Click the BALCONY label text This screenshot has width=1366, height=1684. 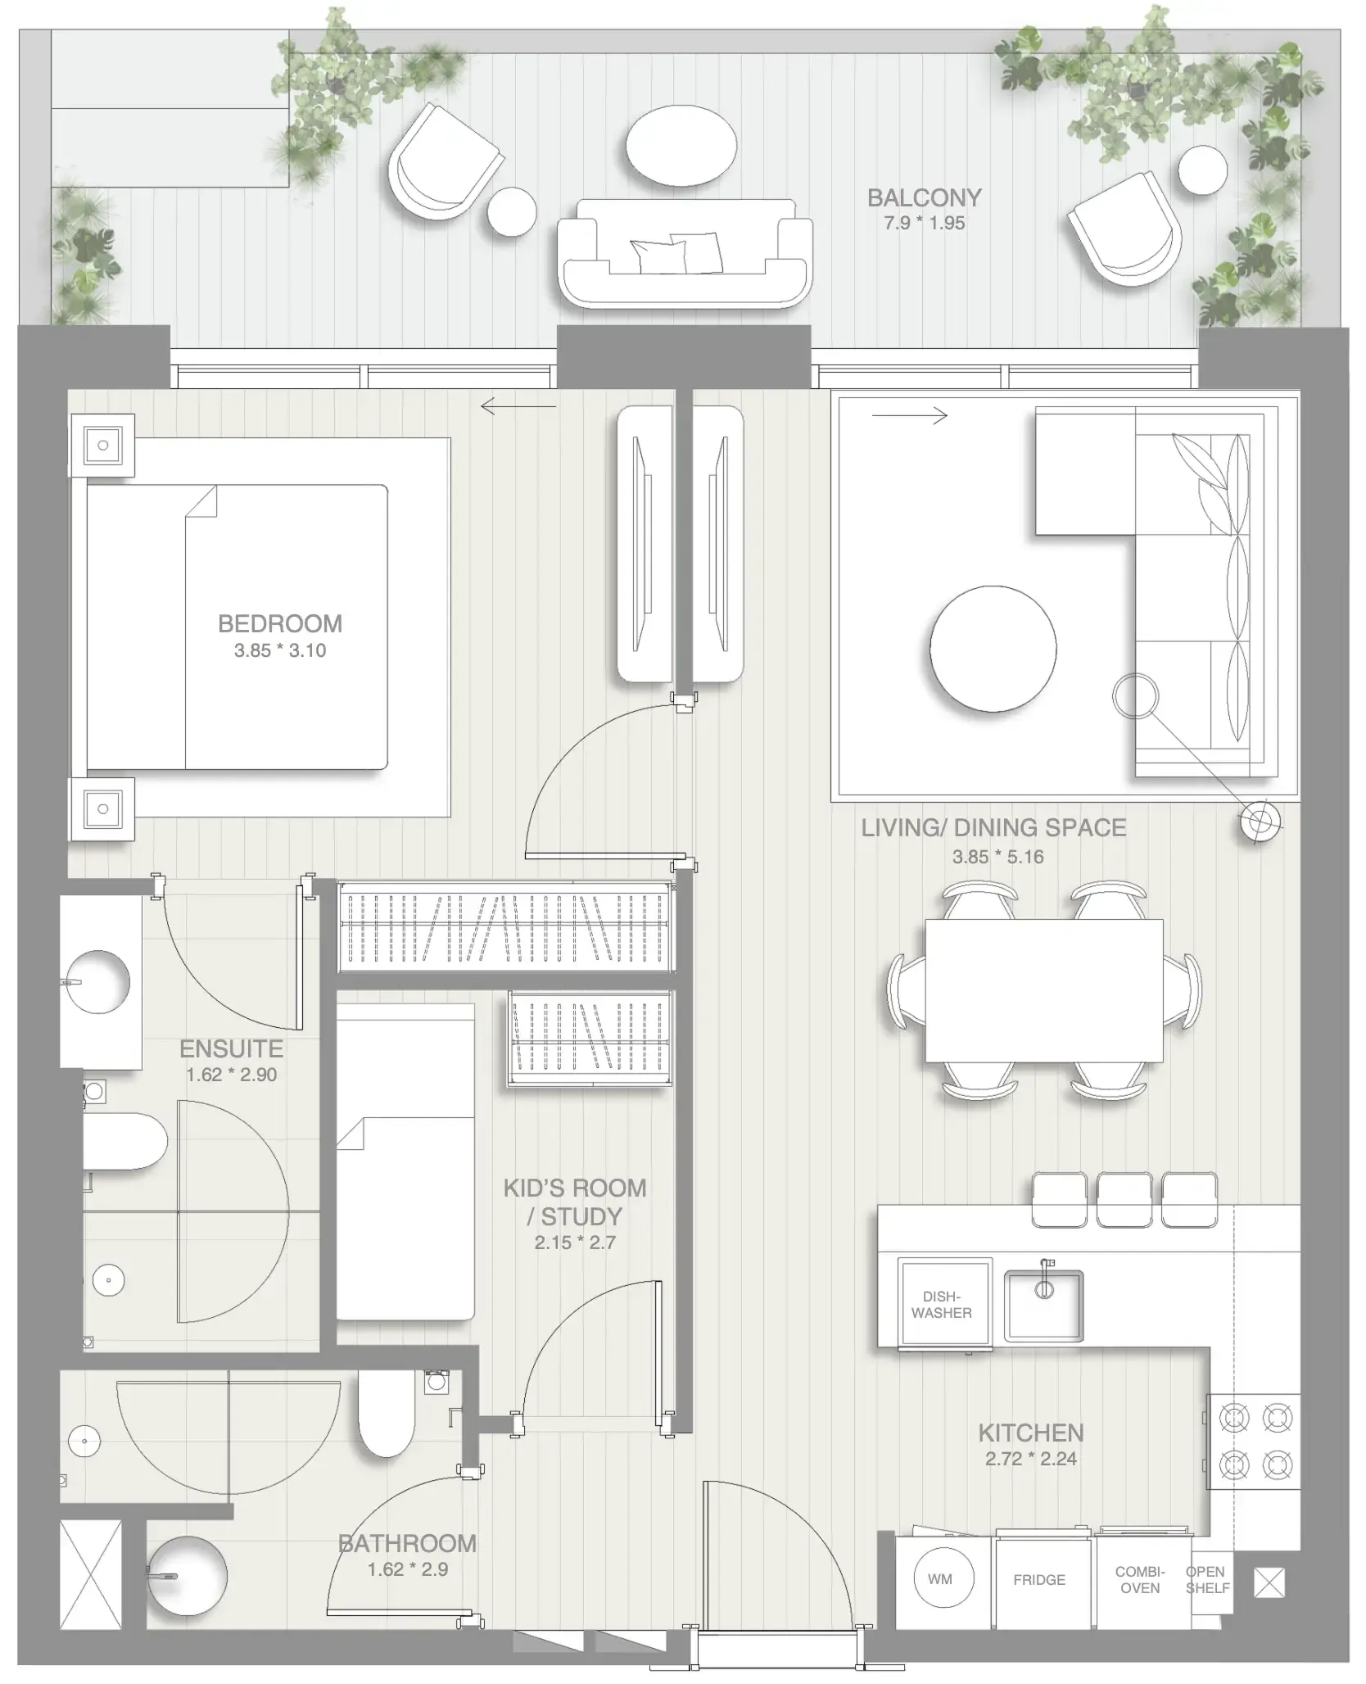pos(924,198)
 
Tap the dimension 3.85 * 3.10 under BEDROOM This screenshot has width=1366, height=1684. pos(280,650)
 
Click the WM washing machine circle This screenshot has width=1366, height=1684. pos(940,1578)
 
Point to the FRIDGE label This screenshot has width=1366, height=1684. pos(1039,1579)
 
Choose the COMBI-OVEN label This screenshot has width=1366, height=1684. pos(1140,1579)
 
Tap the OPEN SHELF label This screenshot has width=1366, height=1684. pos(1207,1579)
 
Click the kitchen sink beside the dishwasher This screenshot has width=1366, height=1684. pos(1044,1305)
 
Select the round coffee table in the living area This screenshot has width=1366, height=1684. pos(993,649)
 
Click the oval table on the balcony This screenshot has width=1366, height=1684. pos(681,146)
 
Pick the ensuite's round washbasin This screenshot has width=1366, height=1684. pos(97,981)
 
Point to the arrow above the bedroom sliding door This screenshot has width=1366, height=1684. pos(518,405)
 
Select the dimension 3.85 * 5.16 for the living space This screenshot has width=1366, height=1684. pos(997,857)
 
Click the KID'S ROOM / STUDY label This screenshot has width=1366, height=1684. pos(575,1202)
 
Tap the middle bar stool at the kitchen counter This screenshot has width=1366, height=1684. pos(1124,1201)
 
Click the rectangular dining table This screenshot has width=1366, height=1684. pos(1043,991)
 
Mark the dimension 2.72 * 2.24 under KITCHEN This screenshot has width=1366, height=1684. pos(1030,1458)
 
